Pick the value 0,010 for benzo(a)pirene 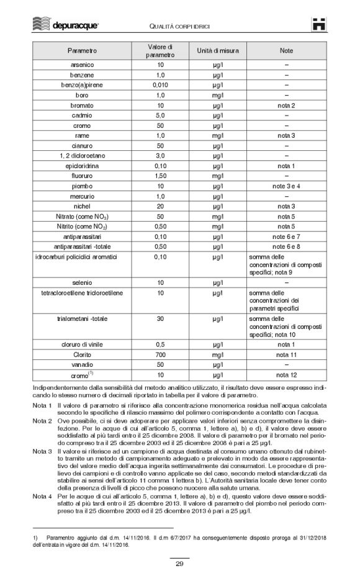(x=160, y=84)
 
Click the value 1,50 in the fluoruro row (x=160, y=176)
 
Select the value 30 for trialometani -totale (x=160, y=318)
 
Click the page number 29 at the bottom (x=179, y=563)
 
